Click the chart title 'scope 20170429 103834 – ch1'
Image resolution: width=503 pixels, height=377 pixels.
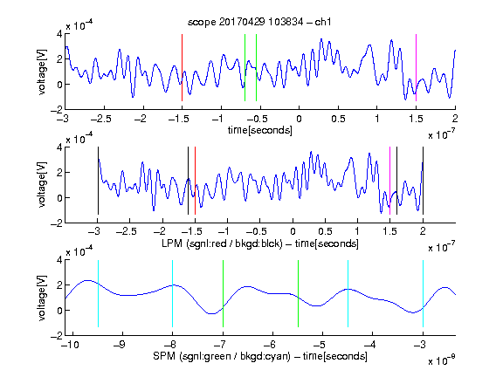(259, 22)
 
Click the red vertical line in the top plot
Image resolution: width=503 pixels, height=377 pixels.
(182, 67)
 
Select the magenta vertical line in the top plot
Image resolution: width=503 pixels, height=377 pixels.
(416, 67)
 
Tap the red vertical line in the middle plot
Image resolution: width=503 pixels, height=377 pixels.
(195, 181)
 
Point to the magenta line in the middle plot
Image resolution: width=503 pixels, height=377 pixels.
(389, 181)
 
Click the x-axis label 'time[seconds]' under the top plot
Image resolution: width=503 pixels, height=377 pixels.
(260, 130)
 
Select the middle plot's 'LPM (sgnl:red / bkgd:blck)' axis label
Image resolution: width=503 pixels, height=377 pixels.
(222, 243)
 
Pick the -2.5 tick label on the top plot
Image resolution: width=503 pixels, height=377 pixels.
(101, 119)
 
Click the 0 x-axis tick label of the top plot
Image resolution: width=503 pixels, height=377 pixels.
(299, 119)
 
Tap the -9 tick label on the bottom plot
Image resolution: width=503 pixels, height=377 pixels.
(120, 345)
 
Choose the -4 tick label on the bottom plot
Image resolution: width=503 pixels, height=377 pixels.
(370, 345)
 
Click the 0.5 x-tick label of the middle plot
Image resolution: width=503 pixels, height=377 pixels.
(325, 231)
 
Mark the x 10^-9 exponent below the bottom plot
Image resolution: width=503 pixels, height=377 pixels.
(442, 360)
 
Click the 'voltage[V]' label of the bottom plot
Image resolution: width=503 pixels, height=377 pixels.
(42, 298)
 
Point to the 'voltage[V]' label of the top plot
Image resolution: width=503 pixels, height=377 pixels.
(42, 72)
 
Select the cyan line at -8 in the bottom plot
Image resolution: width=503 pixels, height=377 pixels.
(173, 293)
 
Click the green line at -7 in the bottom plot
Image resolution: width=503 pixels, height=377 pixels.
(223, 293)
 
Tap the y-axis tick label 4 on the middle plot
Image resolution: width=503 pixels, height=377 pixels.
(59, 147)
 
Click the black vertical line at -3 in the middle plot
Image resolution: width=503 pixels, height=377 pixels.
(98, 181)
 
